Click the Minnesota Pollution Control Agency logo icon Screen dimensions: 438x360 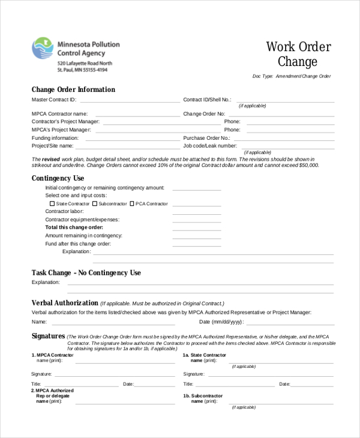point(43,49)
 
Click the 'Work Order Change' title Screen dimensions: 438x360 point(298,54)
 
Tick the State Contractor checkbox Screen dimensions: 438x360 point(52,204)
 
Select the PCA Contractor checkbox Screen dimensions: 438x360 point(131,204)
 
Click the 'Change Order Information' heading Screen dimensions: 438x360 point(73,89)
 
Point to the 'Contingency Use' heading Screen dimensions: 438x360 point(58,178)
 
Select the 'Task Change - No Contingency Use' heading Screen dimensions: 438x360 point(86,272)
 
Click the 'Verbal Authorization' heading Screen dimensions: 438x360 point(65,303)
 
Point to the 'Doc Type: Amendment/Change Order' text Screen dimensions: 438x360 point(292,76)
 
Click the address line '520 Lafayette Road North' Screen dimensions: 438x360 point(85,63)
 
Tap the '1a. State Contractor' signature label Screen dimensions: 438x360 point(205,355)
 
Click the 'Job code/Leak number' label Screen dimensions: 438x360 point(210,146)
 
